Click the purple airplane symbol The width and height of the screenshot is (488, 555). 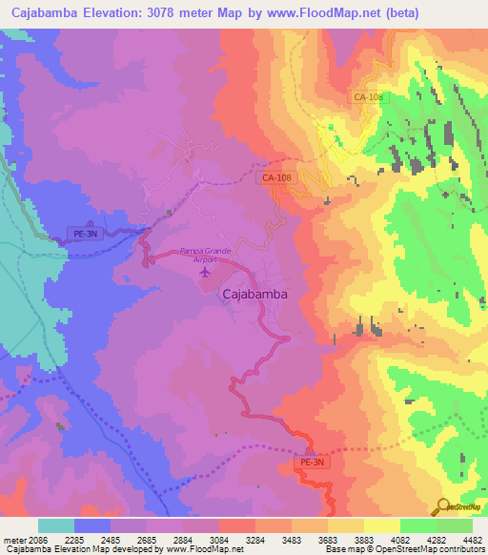point(203,273)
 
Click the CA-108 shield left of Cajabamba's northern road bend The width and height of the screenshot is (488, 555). point(276,177)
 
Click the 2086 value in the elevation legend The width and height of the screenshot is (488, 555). point(37,541)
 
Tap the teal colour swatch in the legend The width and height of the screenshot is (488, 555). point(55,525)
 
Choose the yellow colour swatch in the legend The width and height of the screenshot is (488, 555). point(381,525)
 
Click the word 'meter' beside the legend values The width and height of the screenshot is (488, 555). point(13,541)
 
